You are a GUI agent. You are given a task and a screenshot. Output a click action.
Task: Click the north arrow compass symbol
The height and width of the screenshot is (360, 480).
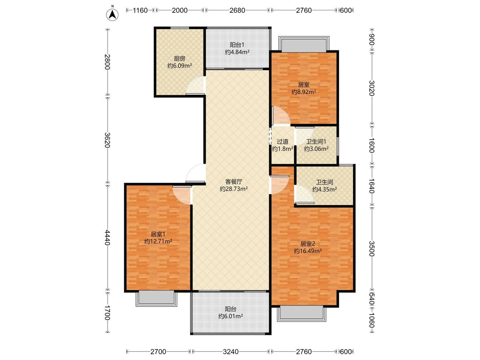[x=112, y=14]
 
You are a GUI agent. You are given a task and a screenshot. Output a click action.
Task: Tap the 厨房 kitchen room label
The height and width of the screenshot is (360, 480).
[x=180, y=58]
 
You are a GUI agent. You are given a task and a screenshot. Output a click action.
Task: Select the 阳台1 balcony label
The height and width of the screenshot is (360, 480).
[x=237, y=45]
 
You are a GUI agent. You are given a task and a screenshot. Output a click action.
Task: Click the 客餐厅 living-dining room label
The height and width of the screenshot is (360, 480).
[x=234, y=182]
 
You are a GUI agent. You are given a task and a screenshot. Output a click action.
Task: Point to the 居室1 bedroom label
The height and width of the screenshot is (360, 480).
[x=158, y=234]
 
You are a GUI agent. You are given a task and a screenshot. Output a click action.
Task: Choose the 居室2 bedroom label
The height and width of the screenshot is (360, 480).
[x=308, y=244]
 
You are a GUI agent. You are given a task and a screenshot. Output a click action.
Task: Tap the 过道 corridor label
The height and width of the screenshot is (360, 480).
[x=282, y=142]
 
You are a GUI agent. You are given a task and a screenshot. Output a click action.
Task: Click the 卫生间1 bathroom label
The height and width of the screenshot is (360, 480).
[x=316, y=142]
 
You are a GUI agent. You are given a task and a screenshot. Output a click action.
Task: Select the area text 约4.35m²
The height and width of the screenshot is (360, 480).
[x=324, y=189]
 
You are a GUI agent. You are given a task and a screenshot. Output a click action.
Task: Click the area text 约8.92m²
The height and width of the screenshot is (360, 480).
[x=304, y=92]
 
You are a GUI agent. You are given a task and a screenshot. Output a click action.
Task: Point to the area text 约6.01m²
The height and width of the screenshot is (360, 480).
[x=230, y=316]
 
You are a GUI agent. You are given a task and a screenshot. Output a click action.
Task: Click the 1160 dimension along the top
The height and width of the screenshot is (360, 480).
[x=140, y=10]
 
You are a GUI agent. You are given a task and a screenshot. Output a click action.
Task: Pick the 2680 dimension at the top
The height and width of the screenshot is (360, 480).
[x=237, y=10]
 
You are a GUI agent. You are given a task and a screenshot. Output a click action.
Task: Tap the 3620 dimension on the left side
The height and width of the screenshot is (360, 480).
[x=107, y=140]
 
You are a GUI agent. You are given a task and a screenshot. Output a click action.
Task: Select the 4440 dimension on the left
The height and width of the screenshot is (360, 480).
[x=107, y=237]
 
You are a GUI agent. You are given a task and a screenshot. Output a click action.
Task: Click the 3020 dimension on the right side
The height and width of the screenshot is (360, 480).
[x=372, y=88]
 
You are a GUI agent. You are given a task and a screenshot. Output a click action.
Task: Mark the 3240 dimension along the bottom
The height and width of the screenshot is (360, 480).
[x=231, y=352]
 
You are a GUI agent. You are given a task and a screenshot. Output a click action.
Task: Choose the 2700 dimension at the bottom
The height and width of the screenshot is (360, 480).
[x=158, y=352]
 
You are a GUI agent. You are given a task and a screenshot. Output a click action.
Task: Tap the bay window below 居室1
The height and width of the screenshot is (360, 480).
[x=156, y=298]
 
